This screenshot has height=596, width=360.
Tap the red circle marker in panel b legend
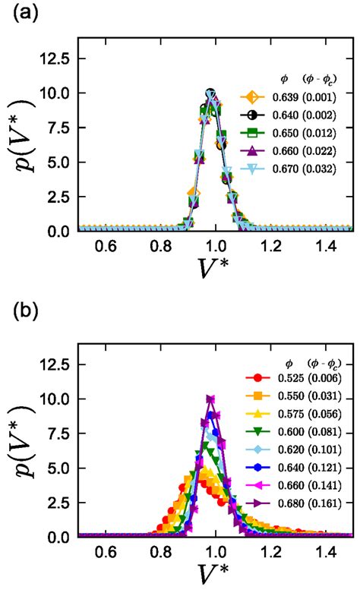click(x=259, y=378)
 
